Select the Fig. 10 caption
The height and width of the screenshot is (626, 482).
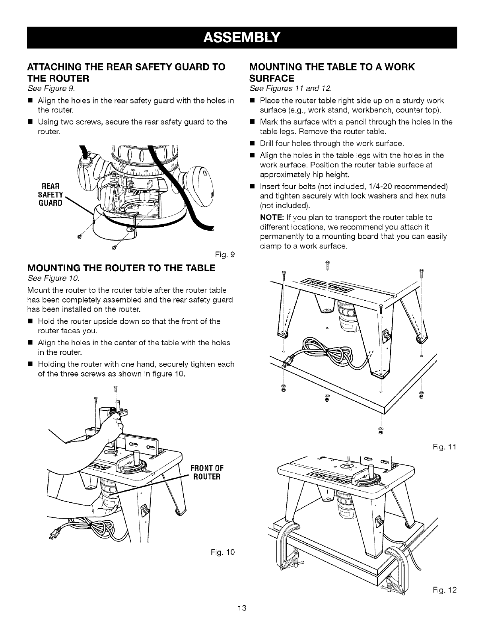click(x=223, y=552)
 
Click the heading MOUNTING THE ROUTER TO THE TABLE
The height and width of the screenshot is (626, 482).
click(x=121, y=268)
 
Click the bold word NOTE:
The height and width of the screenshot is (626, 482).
click(x=271, y=217)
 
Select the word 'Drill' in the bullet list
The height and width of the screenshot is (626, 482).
click(x=268, y=143)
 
